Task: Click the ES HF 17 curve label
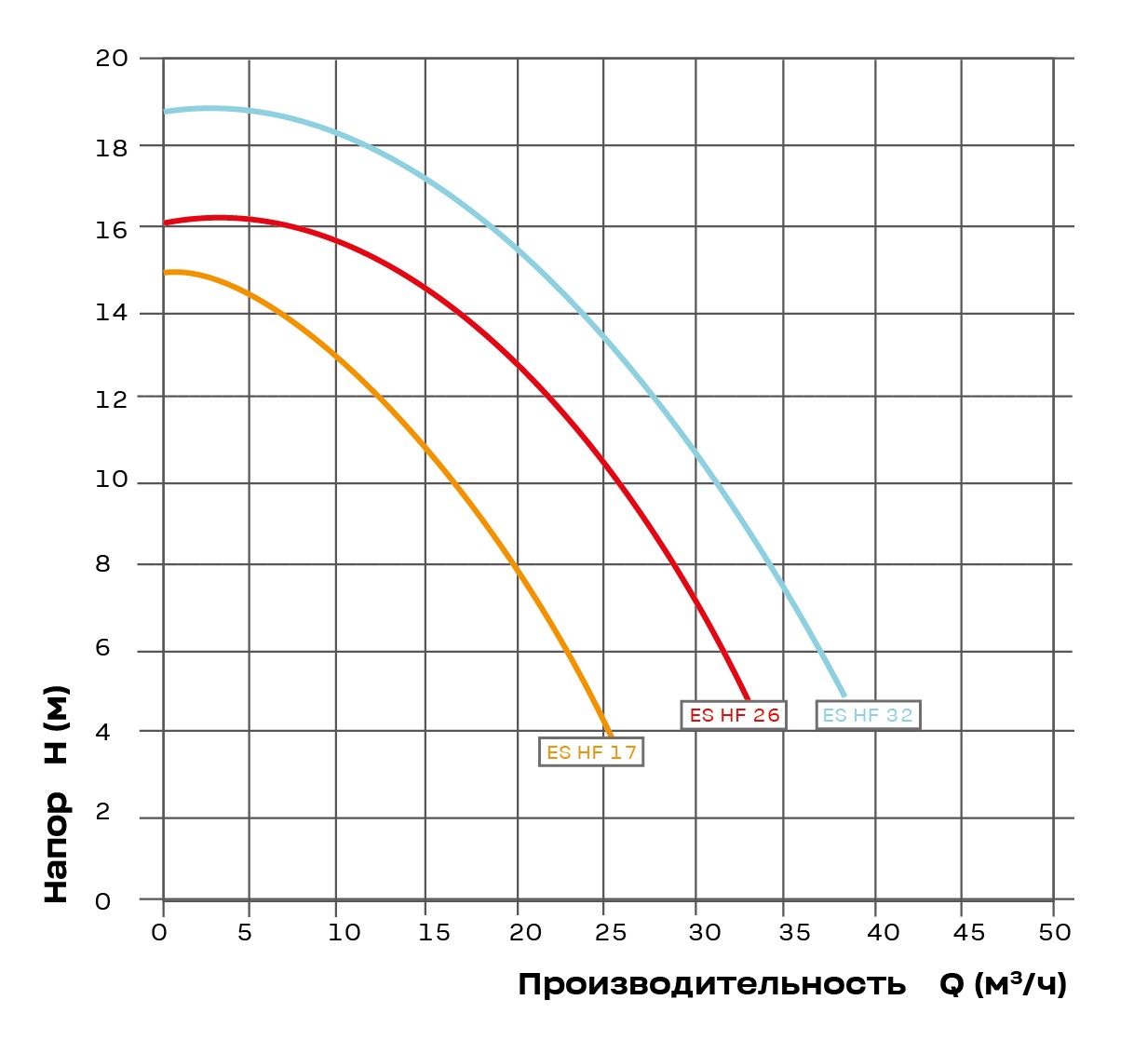[591, 752]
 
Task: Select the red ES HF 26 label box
[734, 715]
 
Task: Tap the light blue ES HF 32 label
[868, 715]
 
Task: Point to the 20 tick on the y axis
[112, 59]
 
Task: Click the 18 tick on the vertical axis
[112, 147]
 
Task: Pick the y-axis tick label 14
[112, 313]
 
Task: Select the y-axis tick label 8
[102, 564]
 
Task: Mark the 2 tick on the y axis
[102, 812]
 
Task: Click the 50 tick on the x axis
[1056, 933]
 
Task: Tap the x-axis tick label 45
[966, 933]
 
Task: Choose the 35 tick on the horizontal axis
[794, 933]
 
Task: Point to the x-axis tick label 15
[434, 933]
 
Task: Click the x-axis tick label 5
[245, 933]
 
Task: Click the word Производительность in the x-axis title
[711, 985]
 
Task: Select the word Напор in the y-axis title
[56, 847]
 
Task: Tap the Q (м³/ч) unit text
[1003, 984]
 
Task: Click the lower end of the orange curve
[610, 735]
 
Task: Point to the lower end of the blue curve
[844, 695]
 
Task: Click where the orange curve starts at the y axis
[166, 273]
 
